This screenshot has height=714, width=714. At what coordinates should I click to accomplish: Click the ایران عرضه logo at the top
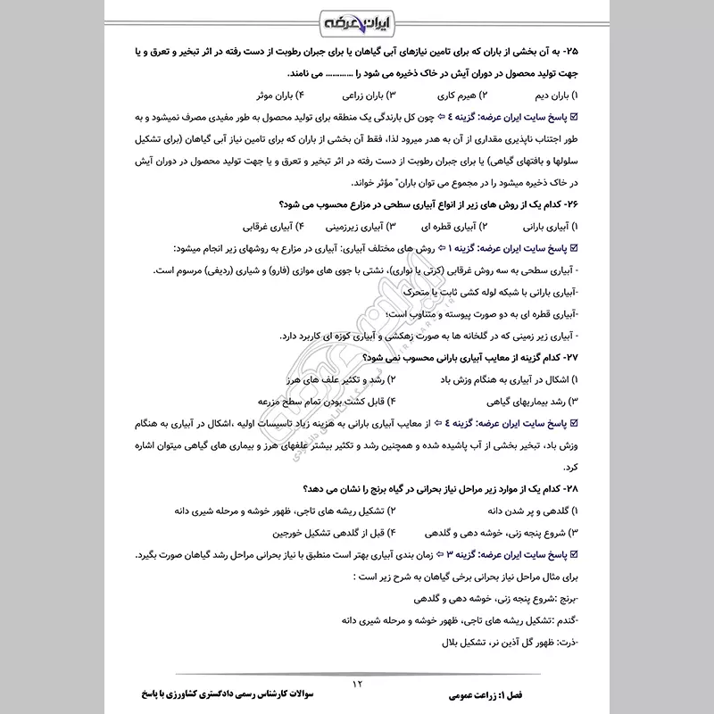357,19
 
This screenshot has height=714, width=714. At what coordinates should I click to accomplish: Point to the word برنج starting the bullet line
565,599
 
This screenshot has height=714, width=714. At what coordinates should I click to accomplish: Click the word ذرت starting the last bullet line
566,643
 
